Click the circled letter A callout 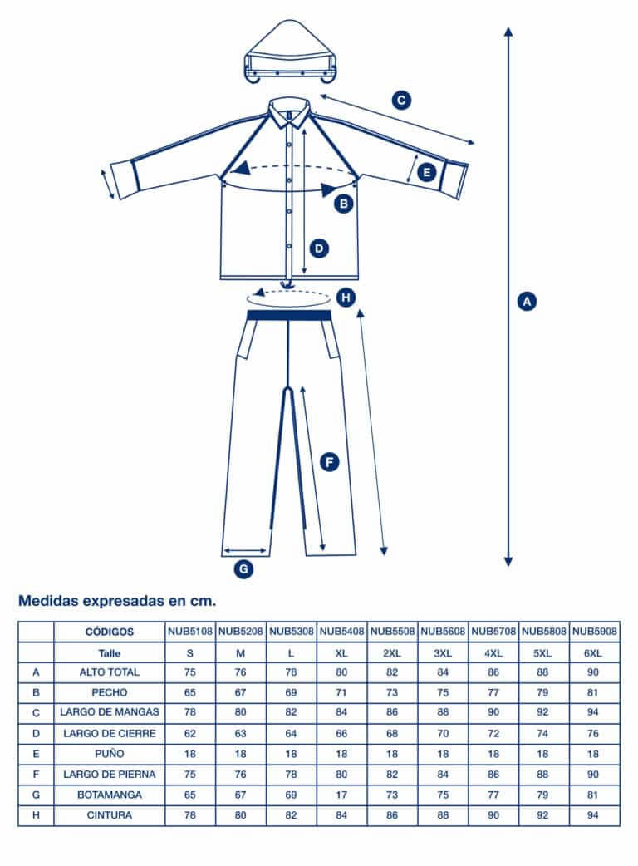coord(525,301)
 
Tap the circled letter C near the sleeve coord(401,101)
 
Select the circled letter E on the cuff coord(426,173)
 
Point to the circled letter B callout coord(343,202)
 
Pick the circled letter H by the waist coord(347,297)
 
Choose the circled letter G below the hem coord(243,569)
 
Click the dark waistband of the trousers coord(290,315)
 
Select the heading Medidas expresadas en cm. coord(116,599)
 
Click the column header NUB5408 coord(341,632)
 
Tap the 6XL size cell coord(594,653)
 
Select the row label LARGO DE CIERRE coord(109,734)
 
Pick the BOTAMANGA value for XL coord(341,795)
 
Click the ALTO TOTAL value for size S coord(190,672)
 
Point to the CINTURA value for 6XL coord(594,815)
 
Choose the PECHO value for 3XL coord(443,692)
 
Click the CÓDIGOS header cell coord(109,632)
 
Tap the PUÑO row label coord(109,754)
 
